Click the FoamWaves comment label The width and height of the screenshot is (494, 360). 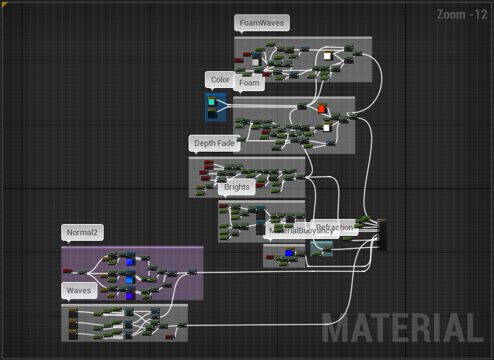click(262, 23)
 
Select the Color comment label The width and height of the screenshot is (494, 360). click(220, 80)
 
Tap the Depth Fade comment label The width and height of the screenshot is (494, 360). click(214, 144)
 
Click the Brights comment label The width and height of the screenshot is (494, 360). click(237, 187)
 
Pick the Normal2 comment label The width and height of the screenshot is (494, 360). click(82, 233)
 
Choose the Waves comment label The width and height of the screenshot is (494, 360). click(79, 291)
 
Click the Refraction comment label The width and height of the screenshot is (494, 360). click(335, 228)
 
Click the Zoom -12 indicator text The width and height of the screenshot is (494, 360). click(462, 14)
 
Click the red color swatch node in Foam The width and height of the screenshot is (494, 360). click(322, 109)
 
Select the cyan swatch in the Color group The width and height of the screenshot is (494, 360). click(212, 101)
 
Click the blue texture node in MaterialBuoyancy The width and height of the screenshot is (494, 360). click(289, 253)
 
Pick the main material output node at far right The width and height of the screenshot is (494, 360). click(382, 234)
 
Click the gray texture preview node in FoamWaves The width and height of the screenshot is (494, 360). click(255, 61)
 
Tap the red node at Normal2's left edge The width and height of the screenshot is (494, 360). click(67, 271)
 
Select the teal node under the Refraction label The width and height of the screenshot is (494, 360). click(322, 249)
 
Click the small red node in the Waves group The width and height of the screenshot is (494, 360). click(170, 337)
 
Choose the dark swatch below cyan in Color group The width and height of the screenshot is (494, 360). click(212, 114)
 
